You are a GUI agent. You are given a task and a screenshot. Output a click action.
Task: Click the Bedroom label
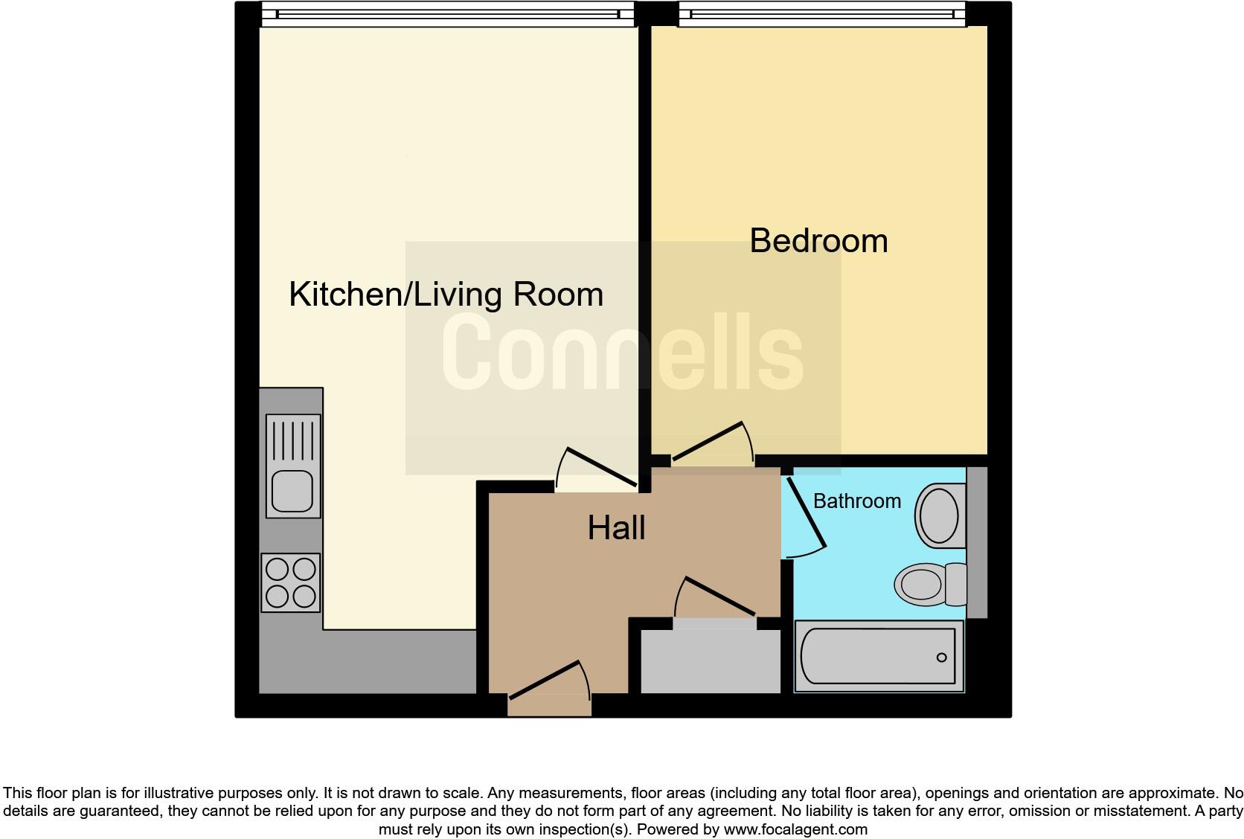(818, 241)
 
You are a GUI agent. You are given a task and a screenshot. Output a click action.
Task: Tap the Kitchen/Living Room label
(446, 295)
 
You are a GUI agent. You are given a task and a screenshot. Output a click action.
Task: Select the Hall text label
(616, 528)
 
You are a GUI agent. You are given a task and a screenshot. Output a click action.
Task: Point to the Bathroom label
(856, 501)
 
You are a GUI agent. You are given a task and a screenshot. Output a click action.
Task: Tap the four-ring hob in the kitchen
(291, 582)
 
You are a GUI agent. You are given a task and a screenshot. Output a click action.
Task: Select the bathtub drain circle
(941, 658)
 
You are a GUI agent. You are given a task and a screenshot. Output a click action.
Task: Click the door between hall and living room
(600, 468)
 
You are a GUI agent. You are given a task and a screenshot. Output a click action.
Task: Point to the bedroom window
(821, 13)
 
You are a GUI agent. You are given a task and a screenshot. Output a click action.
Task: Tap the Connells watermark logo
(623, 352)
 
